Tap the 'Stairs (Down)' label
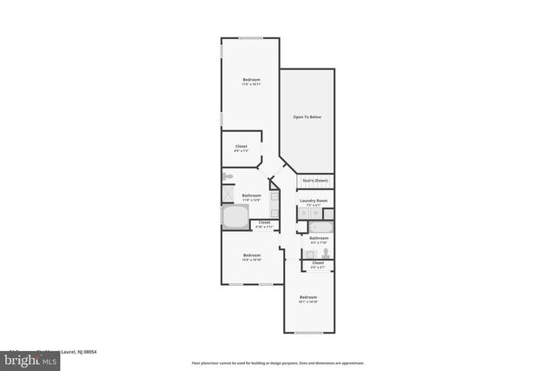pos(315,181)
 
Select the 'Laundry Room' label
pos(314,201)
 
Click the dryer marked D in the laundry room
pos(304,213)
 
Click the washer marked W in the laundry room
pos(314,213)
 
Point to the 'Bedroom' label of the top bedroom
pos(251,80)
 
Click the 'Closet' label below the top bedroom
pos(241,146)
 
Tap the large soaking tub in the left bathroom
pos(234,216)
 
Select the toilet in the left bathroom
pos(228,176)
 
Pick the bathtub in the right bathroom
pos(319,228)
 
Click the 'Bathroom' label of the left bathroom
pos(252,195)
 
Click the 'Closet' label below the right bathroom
pos(318,262)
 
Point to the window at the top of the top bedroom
pos(252,38)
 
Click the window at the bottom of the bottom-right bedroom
pos(308,333)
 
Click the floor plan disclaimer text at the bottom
pos(278,363)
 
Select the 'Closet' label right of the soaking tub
pos(264,222)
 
